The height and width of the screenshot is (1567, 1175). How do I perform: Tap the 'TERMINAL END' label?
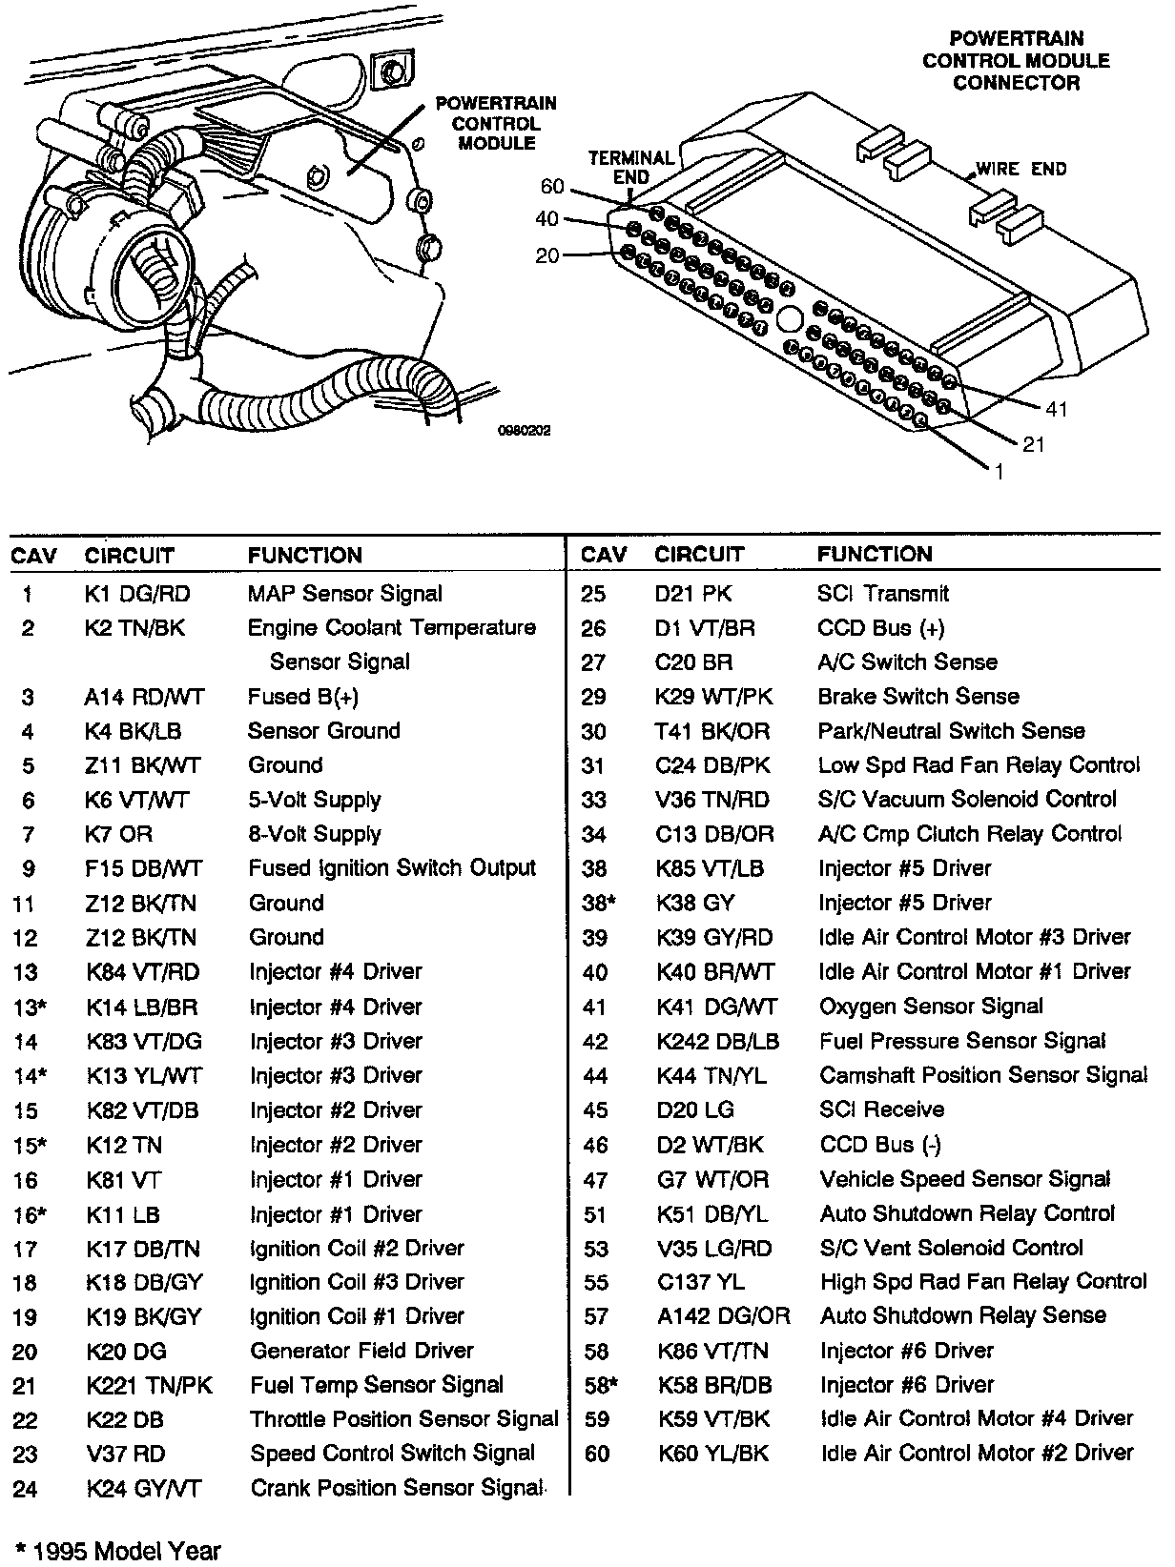coord(631,167)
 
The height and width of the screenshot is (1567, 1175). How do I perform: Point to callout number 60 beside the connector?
coord(552,186)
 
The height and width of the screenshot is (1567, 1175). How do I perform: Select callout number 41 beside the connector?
coord(1056,409)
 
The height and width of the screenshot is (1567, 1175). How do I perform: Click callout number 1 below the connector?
coord(999,471)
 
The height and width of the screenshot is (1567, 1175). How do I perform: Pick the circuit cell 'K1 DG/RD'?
coord(137,594)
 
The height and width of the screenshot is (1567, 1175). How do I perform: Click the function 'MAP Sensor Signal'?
coord(344,594)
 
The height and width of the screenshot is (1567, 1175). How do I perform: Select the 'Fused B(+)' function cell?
coord(303,697)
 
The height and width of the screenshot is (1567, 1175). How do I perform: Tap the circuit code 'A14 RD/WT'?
coord(144,697)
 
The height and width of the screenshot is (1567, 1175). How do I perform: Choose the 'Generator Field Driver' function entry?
coord(361,1351)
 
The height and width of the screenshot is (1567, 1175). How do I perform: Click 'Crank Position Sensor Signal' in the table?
coord(396,1488)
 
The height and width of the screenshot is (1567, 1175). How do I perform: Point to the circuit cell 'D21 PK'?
coord(693,594)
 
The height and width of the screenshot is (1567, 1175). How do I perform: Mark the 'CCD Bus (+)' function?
coord(881,628)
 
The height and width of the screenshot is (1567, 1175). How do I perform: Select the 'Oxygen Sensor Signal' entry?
coord(931,1007)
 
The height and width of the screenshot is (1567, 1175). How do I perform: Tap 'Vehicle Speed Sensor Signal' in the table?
coord(965,1179)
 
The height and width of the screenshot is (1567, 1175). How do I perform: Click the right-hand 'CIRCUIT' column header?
coord(699,555)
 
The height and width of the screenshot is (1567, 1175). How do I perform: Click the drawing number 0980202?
coord(524,431)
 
